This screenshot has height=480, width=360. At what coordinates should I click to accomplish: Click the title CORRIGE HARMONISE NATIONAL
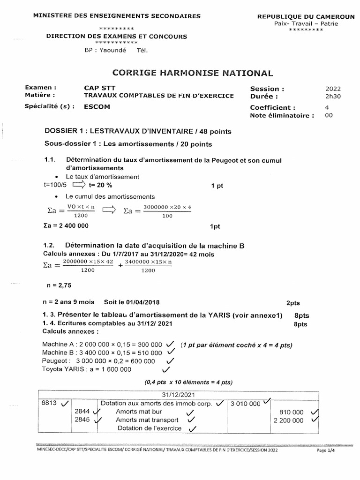coord(192,73)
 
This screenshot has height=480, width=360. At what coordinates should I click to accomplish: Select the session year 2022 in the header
coord(333,88)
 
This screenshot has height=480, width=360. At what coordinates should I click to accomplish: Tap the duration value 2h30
coord(333,96)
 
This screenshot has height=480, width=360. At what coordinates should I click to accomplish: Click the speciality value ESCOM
coord(97,106)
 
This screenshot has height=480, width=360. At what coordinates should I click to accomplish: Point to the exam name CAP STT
coord(99,88)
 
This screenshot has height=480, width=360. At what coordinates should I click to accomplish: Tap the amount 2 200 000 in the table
coord(288,420)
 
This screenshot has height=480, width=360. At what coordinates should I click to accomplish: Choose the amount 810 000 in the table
coord(291,412)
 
